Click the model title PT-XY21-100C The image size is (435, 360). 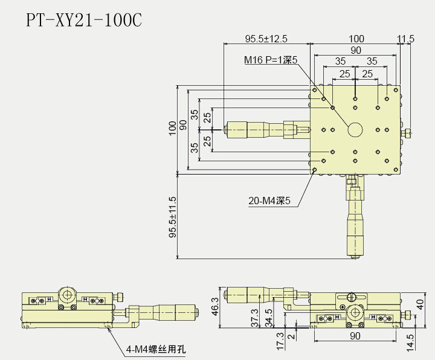[x=84, y=20]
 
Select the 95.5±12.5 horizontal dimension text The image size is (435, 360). [x=266, y=39]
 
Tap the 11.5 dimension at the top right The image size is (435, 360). [x=405, y=39]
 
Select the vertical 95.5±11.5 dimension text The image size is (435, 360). [x=173, y=217]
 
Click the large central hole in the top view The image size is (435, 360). [x=355, y=129]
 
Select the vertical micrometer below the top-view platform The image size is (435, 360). [x=355, y=223]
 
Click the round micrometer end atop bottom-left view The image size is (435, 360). [x=67, y=295]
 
